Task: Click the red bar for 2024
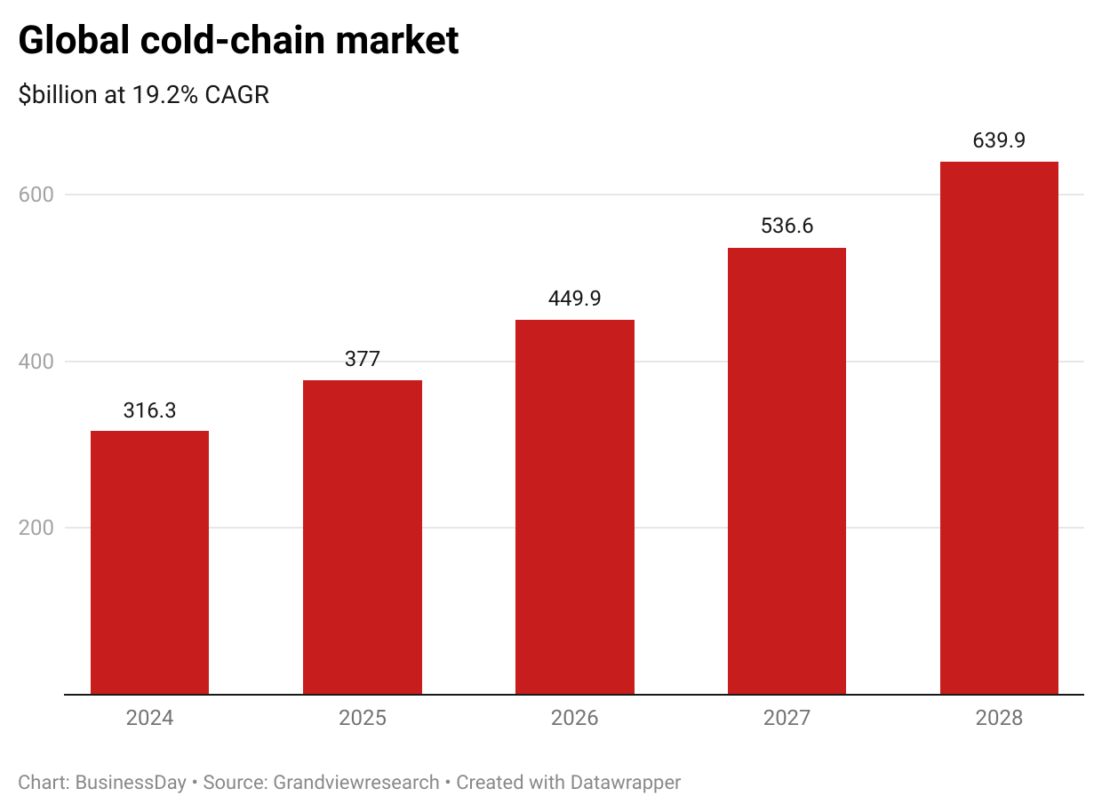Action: (x=149, y=562)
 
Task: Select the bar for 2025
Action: (x=362, y=537)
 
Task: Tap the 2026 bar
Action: (x=574, y=506)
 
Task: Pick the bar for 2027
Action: (x=787, y=471)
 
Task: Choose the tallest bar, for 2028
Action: (x=999, y=427)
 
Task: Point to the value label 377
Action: (x=362, y=359)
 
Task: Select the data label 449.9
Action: (x=574, y=299)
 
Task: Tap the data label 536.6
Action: (x=787, y=227)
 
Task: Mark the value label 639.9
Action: (x=999, y=140)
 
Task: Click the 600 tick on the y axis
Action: (x=36, y=195)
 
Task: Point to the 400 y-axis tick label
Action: (x=36, y=362)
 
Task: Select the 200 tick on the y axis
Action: (x=36, y=528)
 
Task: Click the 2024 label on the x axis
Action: (x=149, y=718)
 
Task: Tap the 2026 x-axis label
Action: (x=574, y=718)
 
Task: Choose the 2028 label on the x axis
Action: (x=999, y=718)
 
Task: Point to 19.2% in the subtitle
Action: (x=165, y=95)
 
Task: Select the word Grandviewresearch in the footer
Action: (x=356, y=783)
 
